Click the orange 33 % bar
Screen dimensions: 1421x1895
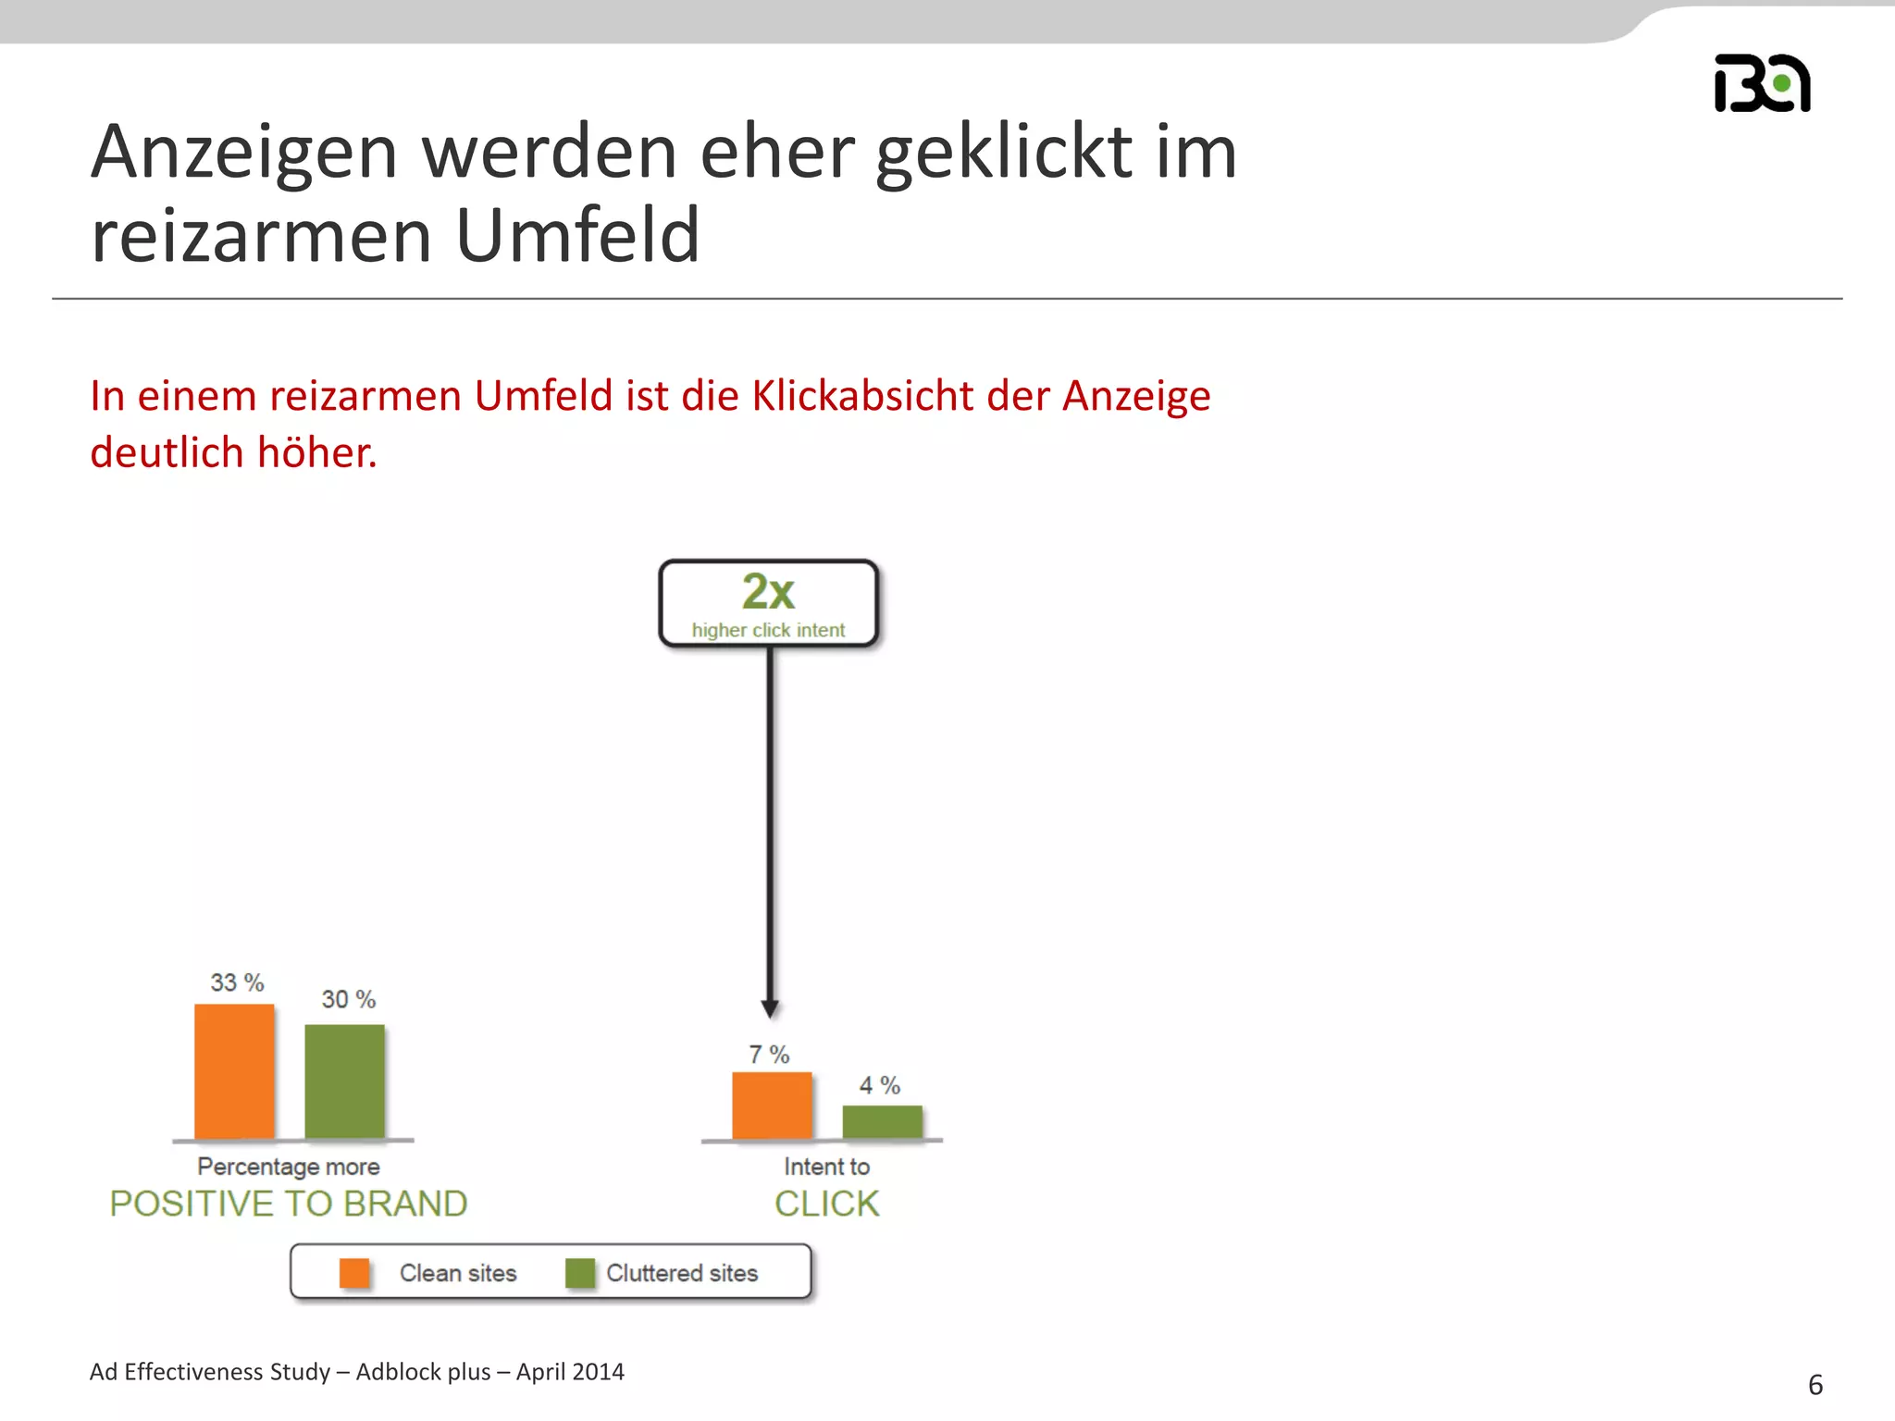pyautogui.click(x=234, y=1071)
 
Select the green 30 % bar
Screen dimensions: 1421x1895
pyautogui.click(x=344, y=1081)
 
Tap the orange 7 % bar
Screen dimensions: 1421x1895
pyautogui.click(x=772, y=1106)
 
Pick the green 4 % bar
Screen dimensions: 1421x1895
pyautogui.click(x=882, y=1122)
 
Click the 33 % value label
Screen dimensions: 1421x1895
pyautogui.click(x=237, y=982)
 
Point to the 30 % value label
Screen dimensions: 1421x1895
pyautogui.click(x=348, y=999)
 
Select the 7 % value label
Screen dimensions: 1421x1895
pyautogui.click(x=769, y=1055)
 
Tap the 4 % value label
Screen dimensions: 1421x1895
pyautogui.click(x=879, y=1085)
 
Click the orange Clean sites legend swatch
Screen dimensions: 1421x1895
pyautogui.click(x=354, y=1273)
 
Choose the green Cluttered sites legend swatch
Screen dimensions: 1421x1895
pyautogui.click(x=580, y=1273)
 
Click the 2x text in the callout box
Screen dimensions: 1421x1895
pyautogui.click(x=768, y=592)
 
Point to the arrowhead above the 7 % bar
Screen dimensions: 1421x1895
pyautogui.click(x=770, y=1008)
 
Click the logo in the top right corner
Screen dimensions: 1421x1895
pyautogui.click(x=1762, y=83)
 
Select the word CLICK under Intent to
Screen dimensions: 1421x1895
pyautogui.click(x=827, y=1204)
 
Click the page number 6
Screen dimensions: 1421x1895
pyautogui.click(x=1815, y=1385)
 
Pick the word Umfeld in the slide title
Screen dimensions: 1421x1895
pyautogui.click(x=578, y=235)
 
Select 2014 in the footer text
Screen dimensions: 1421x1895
pyautogui.click(x=597, y=1372)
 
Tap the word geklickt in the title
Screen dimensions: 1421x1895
pyautogui.click(x=1004, y=152)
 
